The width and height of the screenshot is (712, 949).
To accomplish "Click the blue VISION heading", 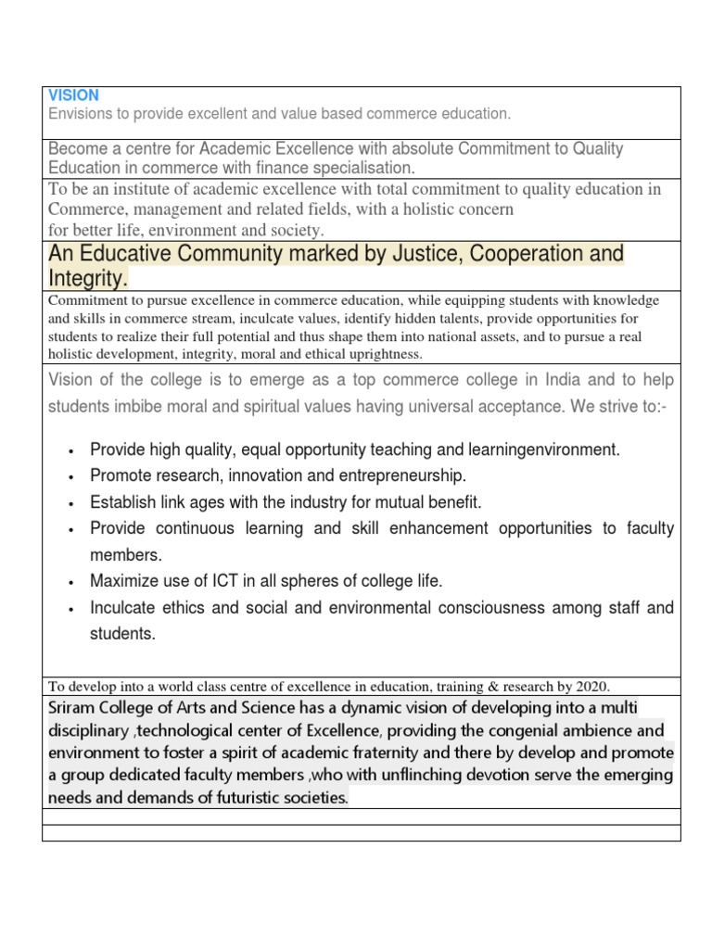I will (73, 95).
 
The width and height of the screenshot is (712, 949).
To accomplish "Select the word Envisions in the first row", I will (81, 114).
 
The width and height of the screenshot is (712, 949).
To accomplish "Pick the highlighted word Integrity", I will (88, 278).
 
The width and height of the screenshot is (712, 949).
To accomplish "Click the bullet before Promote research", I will (71, 477).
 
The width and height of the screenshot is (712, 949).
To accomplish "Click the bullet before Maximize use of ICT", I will (71, 583).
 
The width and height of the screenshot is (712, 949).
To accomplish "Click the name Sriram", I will (72, 709).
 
